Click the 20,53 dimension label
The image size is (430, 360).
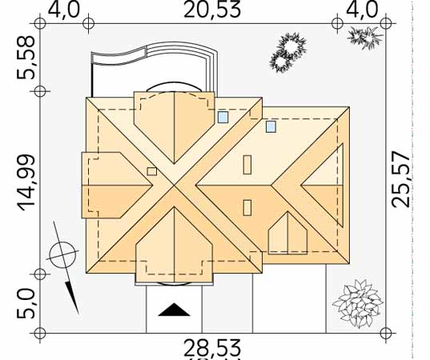click(212, 10)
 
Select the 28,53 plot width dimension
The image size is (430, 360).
click(212, 348)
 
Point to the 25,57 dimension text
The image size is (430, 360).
click(400, 179)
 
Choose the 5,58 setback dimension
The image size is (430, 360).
click(26, 58)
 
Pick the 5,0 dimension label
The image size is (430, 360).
click(26, 304)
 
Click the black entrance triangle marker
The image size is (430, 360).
click(174, 310)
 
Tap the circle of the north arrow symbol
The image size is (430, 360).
click(62, 255)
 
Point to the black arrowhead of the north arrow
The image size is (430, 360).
click(72, 298)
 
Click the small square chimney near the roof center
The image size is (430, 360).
click(151, 171)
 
